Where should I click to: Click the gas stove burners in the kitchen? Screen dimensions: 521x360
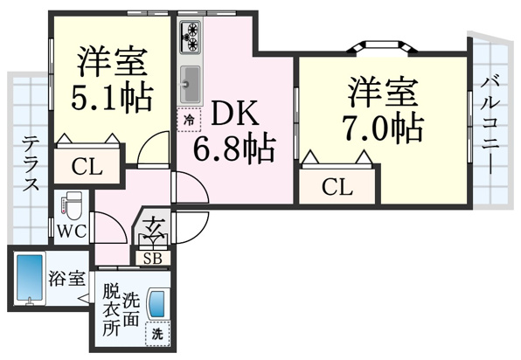pos(191,37)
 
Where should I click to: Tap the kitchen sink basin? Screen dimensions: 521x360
pos(191,84)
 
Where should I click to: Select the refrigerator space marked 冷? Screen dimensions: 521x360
pos(189,120)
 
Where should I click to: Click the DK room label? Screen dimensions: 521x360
pos(235,114)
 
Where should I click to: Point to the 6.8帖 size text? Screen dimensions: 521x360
pos(234,149)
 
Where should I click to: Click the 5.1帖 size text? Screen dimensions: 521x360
pos(112,98)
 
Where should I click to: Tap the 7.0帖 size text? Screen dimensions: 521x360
pos(383,128)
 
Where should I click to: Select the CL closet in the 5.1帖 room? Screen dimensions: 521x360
pos(87,167)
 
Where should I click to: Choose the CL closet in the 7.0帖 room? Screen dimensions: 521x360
pos(337,187)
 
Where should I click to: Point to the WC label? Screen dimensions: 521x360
pos(72,232)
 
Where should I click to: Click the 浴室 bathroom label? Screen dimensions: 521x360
pos(68,279)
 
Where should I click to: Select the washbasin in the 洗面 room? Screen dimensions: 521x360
pos(156,304)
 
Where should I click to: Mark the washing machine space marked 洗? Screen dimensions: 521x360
pos(157,334)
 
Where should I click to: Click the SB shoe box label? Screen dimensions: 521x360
pos(153,259)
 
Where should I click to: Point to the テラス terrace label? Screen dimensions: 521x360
pos(31,163)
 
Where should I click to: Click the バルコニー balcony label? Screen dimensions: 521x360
pos(490,124)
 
